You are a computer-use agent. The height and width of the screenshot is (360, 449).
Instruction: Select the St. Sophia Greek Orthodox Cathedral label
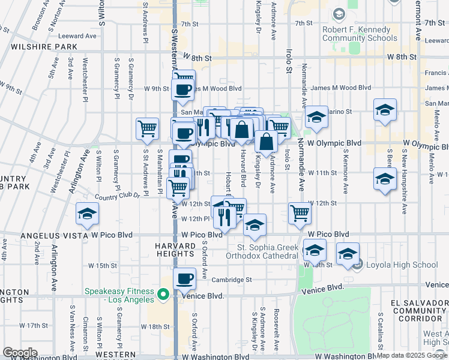268,251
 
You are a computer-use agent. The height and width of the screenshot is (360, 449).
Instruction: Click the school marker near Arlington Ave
87,214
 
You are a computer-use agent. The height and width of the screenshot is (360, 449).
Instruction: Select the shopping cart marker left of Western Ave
147,128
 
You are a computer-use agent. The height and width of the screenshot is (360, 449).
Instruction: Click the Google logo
20,353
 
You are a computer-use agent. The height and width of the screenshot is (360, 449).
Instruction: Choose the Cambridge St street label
231,280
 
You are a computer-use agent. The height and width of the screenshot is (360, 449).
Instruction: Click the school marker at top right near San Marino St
385,110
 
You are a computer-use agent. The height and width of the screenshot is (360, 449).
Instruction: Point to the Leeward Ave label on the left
77,36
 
